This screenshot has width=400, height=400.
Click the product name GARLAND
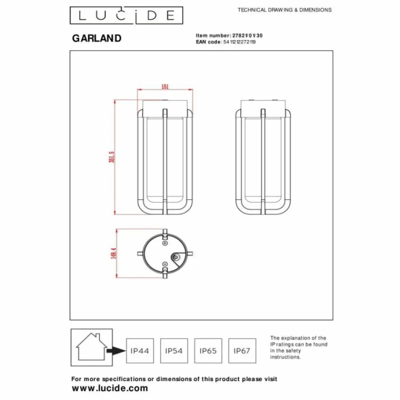97,38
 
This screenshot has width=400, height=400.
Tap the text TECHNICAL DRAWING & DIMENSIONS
284,10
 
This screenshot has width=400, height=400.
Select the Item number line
228,36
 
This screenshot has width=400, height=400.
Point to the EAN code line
226,43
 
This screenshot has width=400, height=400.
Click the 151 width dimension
165,86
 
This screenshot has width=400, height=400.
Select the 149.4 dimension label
114,253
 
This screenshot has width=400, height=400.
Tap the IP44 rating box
139,351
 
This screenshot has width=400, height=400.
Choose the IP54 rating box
173,351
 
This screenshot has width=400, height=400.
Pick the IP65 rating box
207,351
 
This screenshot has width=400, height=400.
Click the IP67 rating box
241,351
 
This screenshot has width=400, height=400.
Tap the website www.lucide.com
110,388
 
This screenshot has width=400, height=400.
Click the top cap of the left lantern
165,106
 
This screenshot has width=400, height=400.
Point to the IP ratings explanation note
299,347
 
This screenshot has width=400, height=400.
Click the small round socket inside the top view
176,257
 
